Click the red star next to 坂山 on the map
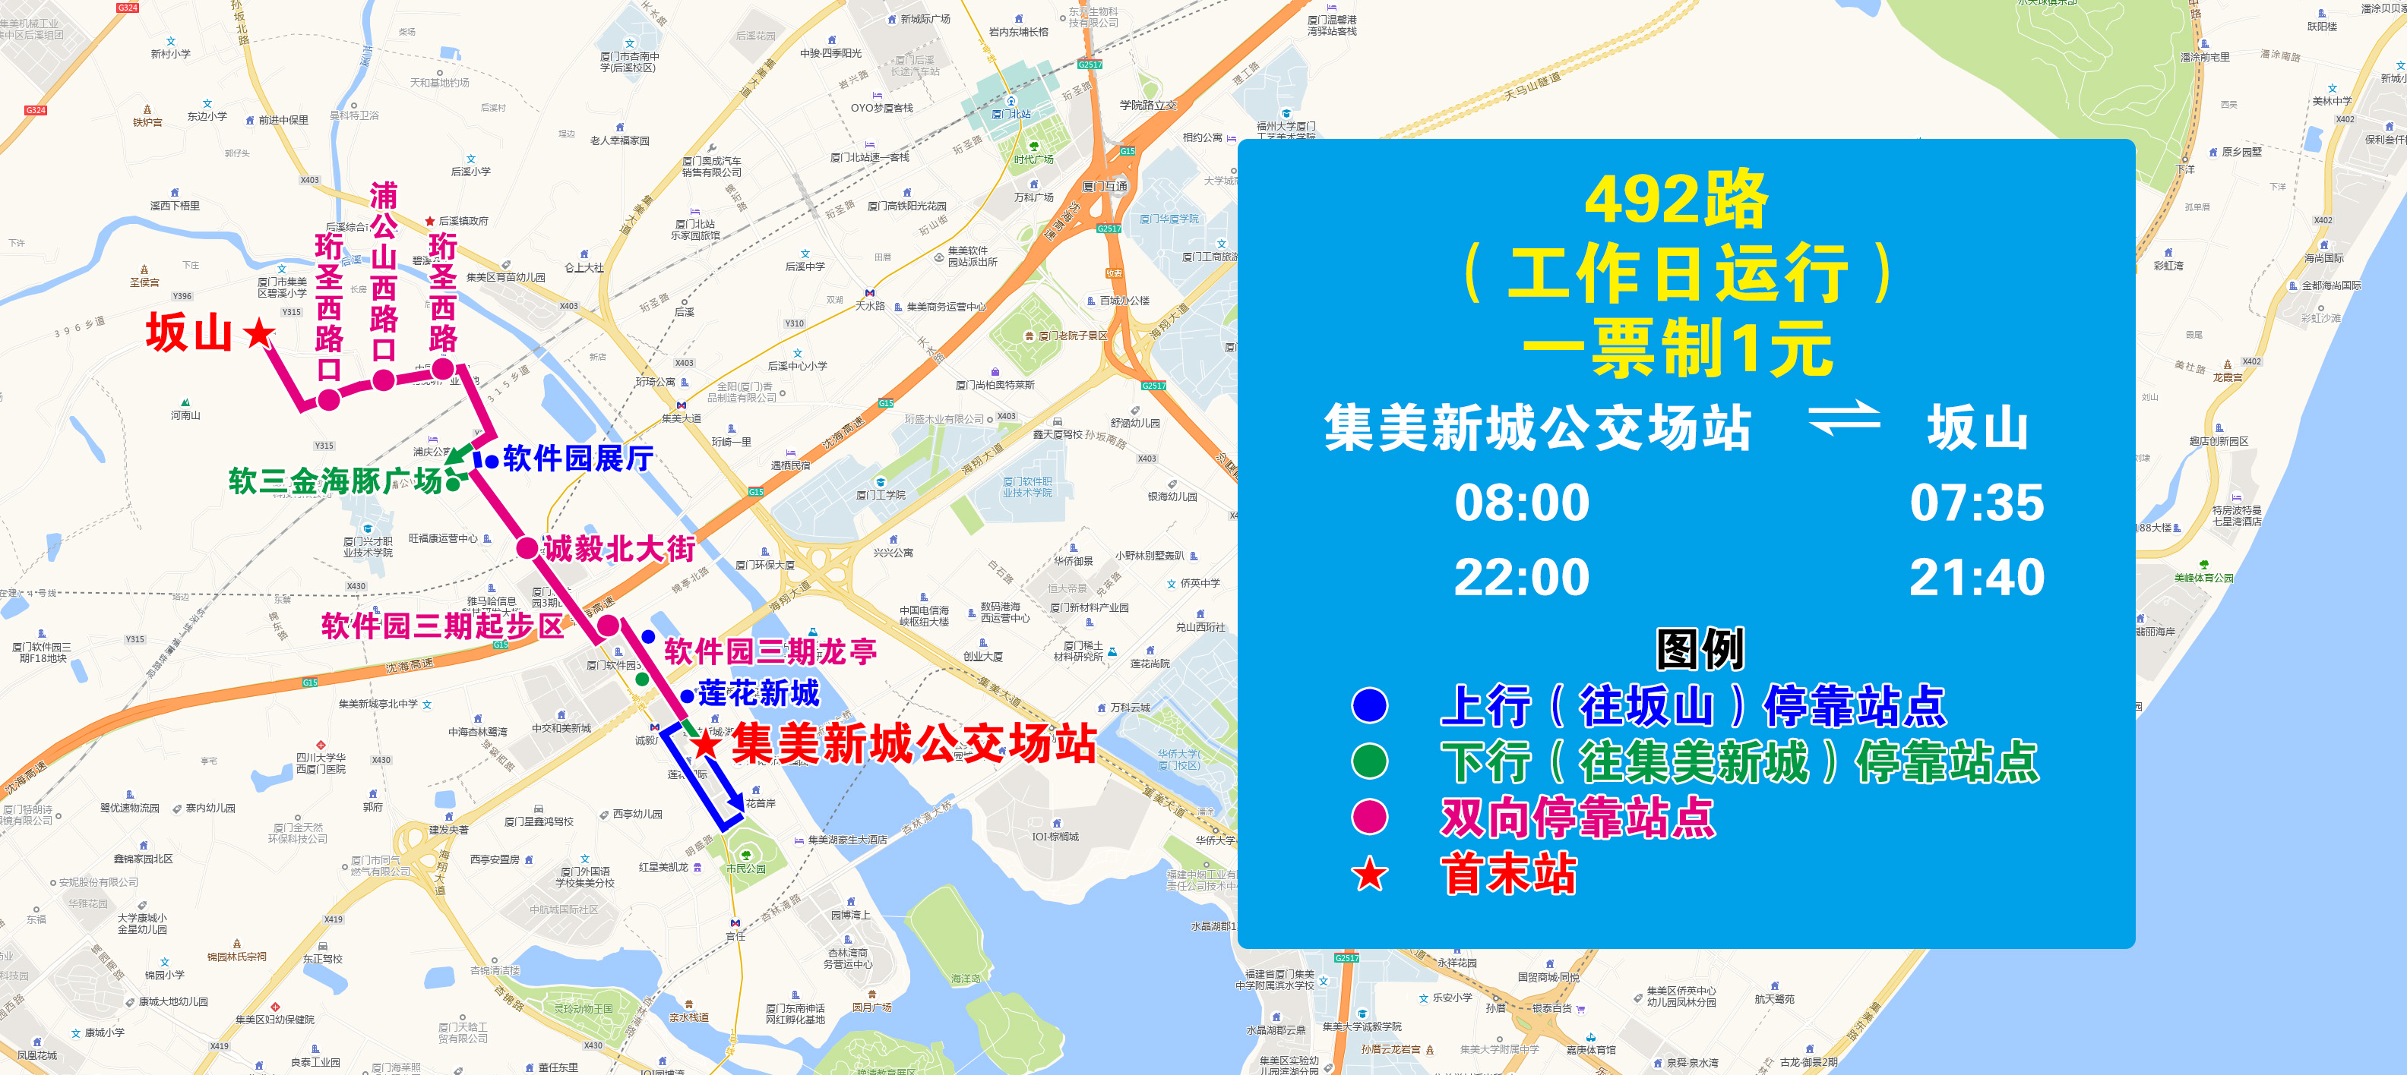pyautogui.click(x=259, y=333)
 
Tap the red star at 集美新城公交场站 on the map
pyautogui.click(x=706, y=744)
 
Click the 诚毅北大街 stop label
pyautogui.click(x=619, y=548)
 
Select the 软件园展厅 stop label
pyautogui.click(x=577, y=459)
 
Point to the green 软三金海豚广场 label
pyautogui.click(x=334, y=481)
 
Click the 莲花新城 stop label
pyautogui.click(x=759, y=693)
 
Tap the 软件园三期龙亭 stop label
pyautogui.click(x=770, y=651)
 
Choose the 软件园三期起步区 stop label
pyautogui.click(x=442, y=626)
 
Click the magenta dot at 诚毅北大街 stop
pyautogui.click(x=527, y=548)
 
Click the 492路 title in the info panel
pyautogui.click(x=1676, y=200)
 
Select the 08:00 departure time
pyautogui.click(x=1521, y=503)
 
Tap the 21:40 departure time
pyautogui.click(x=1976, y=577)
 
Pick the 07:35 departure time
pyautogui.click(x=1976, y=503)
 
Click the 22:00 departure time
pyautogui.click(x=1521, y=577)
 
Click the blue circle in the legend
pyautogui.click(x=1370, y=705)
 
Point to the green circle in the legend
pyautogui.click(x=1370, y=761)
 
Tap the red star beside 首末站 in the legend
pyautogui.click(x=1370, y=875)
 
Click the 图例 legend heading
pyautogui.click(x=1700, y=649)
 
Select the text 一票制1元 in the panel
pyautogui.click(x=1678, y=348)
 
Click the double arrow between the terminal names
pyautogui.click(x=1843, y=418)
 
